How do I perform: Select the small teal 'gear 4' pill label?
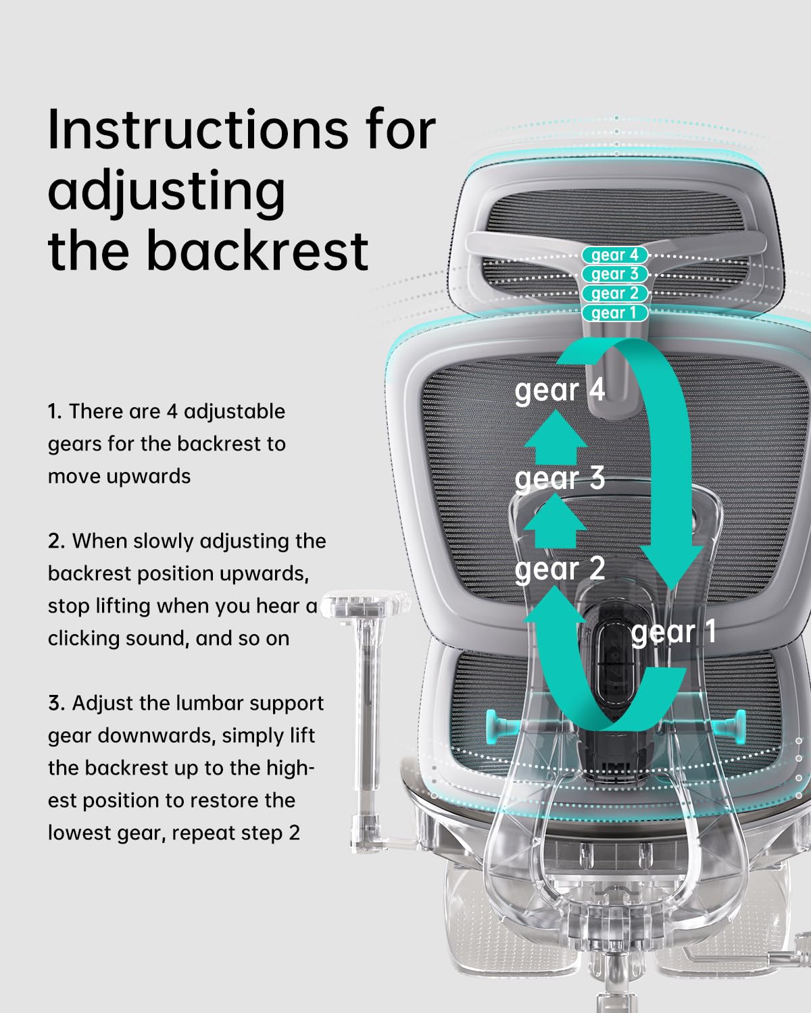[x=614, y=255]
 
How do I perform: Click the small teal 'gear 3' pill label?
[x=614, y=274]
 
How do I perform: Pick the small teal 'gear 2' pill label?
[x=614, y=294]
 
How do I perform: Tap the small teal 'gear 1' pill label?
[x=614, y=313]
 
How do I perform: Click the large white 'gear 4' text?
[x=560, y=391]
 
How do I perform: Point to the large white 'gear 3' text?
[x=560, y=479]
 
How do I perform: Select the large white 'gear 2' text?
[x=560, y=569]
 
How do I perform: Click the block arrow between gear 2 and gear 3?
[x=556, y=521]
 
